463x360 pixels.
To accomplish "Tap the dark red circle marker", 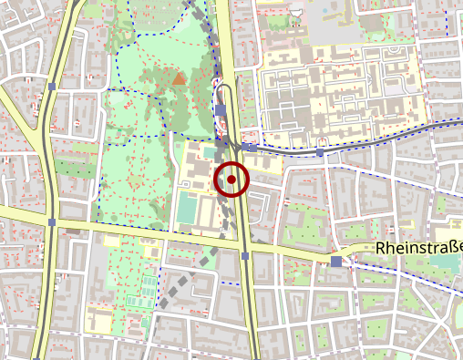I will pyautogui.click(x=231, y=180).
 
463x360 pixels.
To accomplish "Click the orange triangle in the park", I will pyautogui.click(x=180, y=79).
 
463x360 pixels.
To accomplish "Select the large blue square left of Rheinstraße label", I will pyautogui.click(x=336, y=262).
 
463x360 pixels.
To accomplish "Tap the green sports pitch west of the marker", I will pyautogui.click(x=187, y=210).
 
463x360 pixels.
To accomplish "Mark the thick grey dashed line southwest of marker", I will pyautogui.click(x=182, y=283).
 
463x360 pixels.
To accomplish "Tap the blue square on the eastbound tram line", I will pyautogui.click(x=320, y=152).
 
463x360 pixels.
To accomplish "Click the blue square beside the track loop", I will pyautogui.click(x=221, y=110).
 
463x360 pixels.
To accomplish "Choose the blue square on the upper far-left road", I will pyautogui.click(x=53, y=87).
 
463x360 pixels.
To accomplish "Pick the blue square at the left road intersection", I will pyautogui.click(x=53, y=221).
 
